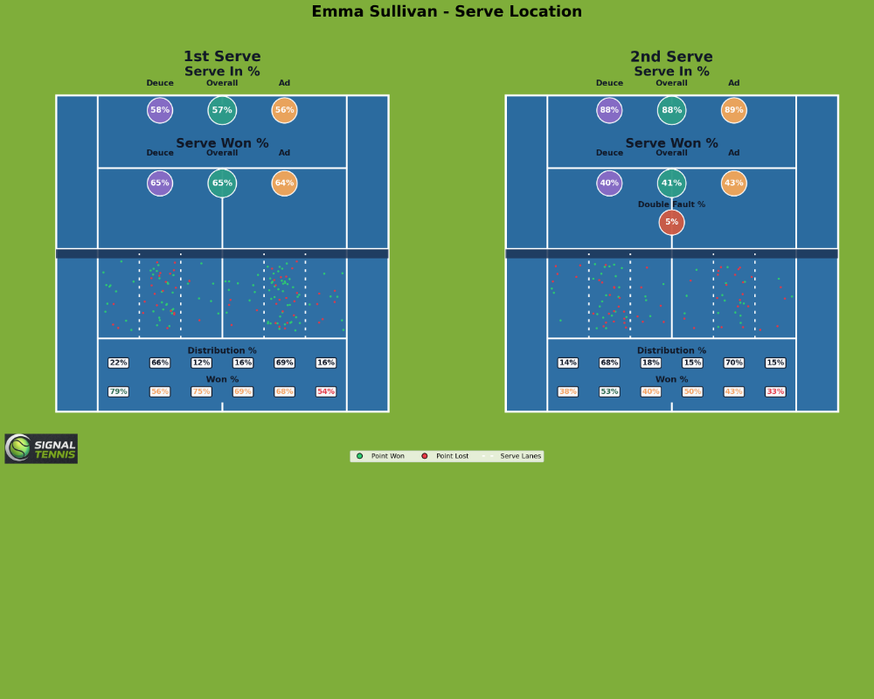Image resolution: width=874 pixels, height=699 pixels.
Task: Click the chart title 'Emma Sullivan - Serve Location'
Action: [x=447, y=12]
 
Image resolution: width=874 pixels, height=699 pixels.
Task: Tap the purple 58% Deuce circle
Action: [x=160, y=110]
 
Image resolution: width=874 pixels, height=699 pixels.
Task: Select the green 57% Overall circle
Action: [x=222, y=110]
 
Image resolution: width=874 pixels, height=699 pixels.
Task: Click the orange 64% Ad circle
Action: [x=284, y=183]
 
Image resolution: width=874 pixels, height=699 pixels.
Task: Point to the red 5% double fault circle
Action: [x=671, y=222]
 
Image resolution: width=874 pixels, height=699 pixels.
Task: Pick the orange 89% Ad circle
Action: [x=734, y=110]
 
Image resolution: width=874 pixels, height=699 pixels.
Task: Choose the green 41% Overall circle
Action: [x=671, y=183]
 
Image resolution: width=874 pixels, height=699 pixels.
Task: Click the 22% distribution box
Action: [x=118, y=363]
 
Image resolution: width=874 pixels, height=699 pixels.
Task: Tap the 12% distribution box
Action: [x=201, y=363]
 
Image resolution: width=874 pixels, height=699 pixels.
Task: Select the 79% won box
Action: [x=118, y=391]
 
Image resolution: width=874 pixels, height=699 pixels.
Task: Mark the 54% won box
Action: [x=326, y=391]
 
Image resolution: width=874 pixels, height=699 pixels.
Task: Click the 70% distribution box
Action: [x=733, y=363]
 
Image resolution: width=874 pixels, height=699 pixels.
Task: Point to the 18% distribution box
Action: [x=651, y=363]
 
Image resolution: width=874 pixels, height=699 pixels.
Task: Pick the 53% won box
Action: [x=609, y=391]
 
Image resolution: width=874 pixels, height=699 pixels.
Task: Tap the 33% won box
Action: [x=775, y=391]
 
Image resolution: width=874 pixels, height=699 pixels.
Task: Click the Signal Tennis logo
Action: [x=41, y=448]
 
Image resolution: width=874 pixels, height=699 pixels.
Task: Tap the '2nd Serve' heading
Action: [x=671, y=57]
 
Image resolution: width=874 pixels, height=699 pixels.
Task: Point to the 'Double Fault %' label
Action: [x=671, y=204]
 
